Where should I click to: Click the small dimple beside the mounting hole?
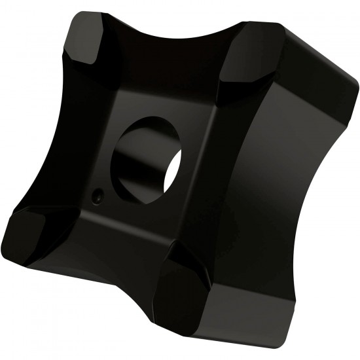[x=97, y=194]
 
